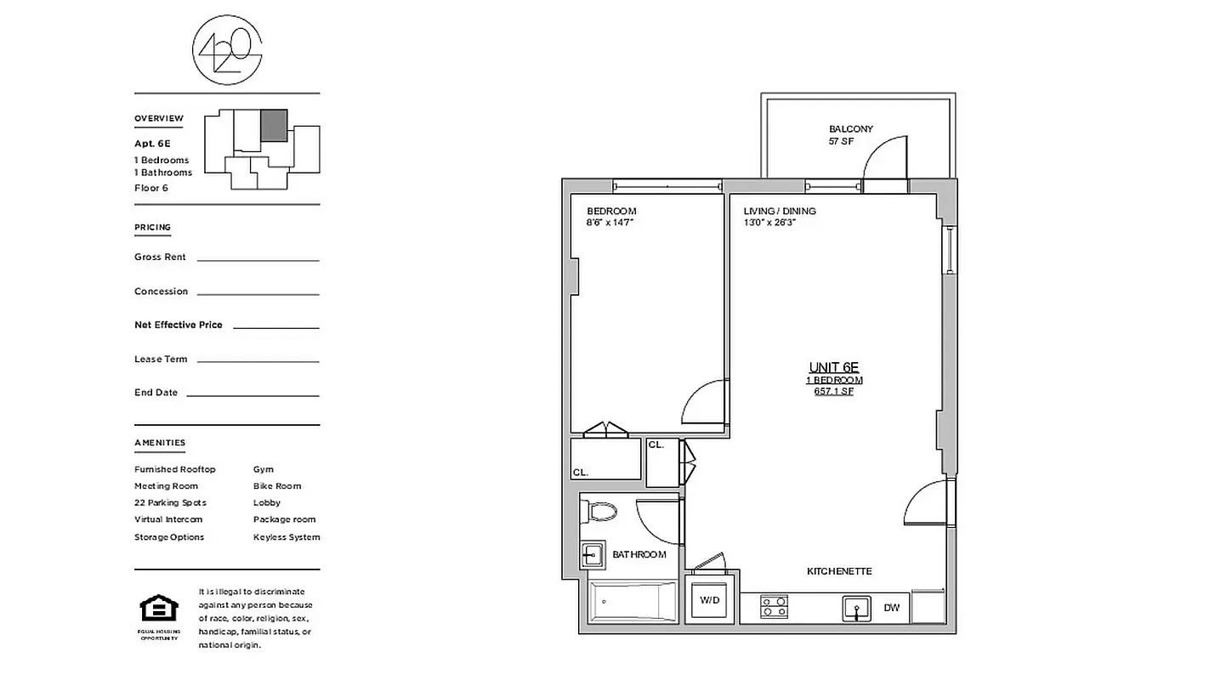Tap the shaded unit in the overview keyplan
(274, 125)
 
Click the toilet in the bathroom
(600, 512)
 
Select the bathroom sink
(592, 555)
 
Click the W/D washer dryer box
(710, 601)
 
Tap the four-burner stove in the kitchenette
(774, 607)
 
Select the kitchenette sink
(856, 608)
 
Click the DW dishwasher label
(891, 608)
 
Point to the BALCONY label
(850, 129)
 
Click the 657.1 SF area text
(833, 392)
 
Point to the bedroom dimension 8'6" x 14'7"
(610, 223)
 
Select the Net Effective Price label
(179, 325)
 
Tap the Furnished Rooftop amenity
(175, 469)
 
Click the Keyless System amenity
(287, 537)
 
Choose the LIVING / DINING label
(780, 211)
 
